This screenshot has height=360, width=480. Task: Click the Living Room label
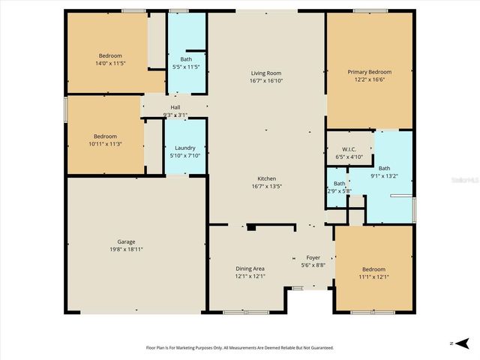(266, 73)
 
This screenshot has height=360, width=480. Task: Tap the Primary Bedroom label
(369, 73)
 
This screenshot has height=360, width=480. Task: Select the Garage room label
(126, 241)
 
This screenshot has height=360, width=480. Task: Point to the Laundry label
(184, 148)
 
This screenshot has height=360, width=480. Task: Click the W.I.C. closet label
(347, 149)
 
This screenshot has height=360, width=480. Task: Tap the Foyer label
(313, 257)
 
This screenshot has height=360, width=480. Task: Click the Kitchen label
(266, 178)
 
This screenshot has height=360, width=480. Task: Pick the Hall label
(175, 107)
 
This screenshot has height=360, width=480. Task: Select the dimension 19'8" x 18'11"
(126, 249)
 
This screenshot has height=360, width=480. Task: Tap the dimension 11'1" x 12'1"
(373, 276)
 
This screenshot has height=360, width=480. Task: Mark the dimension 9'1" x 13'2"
(384, 175)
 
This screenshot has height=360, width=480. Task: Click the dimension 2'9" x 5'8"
(339, 190)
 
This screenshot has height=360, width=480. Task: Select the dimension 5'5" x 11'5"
(185, 67)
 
